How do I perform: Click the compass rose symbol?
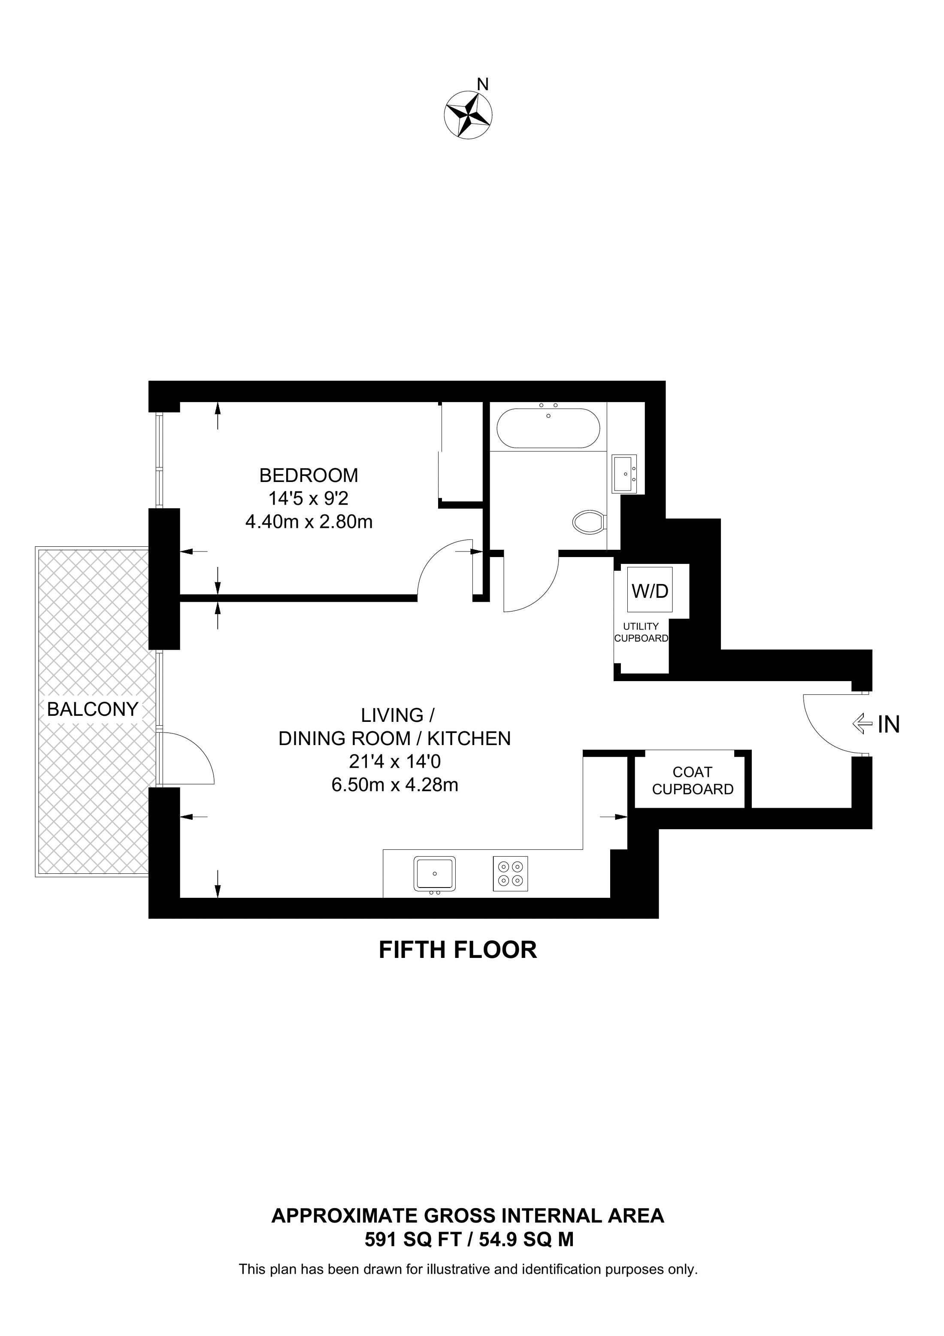point(468,115)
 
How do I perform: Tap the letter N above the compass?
point(482,85)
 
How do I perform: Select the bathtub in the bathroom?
point(548,428)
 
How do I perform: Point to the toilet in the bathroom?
point(590,521)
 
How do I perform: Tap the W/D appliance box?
point(650,589)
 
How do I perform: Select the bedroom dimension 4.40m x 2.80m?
point(309,522)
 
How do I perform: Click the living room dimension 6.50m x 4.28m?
point(395,785)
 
